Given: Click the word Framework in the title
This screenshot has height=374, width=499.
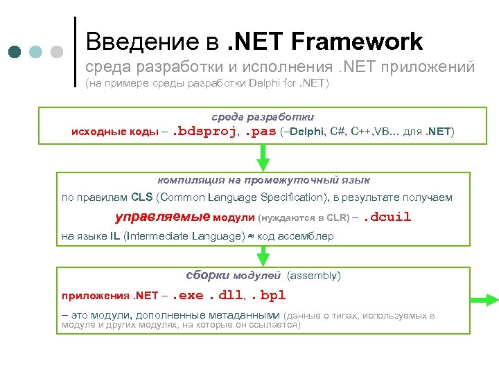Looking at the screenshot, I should coord(357,42).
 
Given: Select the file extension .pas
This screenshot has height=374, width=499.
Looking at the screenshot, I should coord(259,131).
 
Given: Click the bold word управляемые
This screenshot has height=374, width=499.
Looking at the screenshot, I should coord(162,217).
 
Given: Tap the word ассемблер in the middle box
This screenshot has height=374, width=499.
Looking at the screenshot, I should coord(305,236).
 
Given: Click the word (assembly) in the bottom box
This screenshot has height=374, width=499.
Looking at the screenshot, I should coord(313,276).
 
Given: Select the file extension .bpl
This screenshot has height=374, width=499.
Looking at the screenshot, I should coord(268,296).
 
